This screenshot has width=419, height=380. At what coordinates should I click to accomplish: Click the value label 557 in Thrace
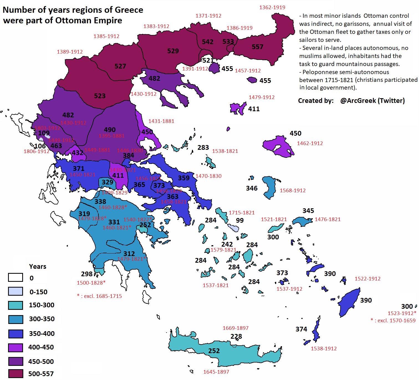tap(257, 47)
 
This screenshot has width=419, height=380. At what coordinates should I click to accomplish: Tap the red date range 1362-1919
tap(272, 7)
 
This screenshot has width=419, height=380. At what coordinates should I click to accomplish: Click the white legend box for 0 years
tap(15, 278)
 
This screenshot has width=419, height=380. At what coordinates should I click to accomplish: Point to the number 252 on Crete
tap(214, 351)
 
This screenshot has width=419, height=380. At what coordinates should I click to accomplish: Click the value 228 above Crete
tap(236, 336)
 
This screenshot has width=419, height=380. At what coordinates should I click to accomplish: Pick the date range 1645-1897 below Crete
tap(216, 372)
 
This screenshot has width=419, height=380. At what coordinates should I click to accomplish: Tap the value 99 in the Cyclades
tap(240, 220)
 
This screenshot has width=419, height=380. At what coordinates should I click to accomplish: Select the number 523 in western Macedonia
tap(100, 96)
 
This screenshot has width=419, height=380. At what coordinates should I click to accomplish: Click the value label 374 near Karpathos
tap(301, 329)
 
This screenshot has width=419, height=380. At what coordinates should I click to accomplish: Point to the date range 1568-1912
tap(293, 191)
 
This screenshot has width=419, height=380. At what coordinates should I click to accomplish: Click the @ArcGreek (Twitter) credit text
tap(372, 101)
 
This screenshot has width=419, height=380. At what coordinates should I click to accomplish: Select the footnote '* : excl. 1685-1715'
tap(99, 296)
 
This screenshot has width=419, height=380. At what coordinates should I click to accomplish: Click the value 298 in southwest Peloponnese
tap(87, 274)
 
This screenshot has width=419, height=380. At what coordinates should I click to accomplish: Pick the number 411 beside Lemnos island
tap(254, 109)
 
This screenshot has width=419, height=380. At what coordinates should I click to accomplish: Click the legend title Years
tap(37, 267)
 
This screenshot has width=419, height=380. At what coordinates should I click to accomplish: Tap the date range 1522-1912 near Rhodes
tap(367, 279)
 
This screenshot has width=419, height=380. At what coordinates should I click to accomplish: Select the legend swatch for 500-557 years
tap(15, 373)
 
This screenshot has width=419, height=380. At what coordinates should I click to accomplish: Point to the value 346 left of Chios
tap(252, 188)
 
